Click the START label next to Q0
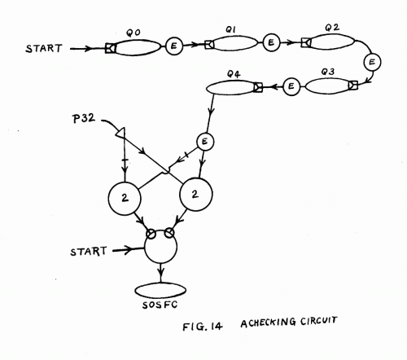point(44,48)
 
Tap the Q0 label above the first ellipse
point(133,33)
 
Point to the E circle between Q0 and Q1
point(174,46)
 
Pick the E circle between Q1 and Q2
point(271,42)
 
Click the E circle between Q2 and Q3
point(372,62)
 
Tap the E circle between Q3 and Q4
point(291,86)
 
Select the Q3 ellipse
point(327,86)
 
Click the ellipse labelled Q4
point(230,88)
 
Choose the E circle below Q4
point(205,142)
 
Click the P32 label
point(84,118)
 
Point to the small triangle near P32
point(120,132)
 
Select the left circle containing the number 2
point(125,198)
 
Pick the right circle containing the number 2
point(196,195)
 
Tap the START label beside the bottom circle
point(89,252)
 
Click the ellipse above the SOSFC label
point(160,291)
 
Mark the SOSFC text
point(160,305)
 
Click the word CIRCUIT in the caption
point(319,321)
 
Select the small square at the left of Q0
point(110,48)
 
